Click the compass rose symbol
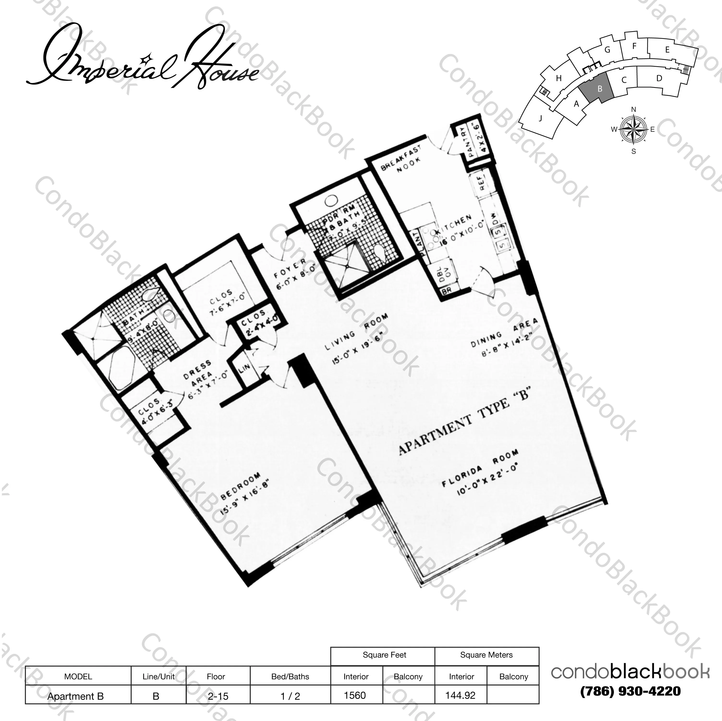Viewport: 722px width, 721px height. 633,130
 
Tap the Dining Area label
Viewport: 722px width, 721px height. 504,331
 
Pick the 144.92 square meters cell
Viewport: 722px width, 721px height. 461,695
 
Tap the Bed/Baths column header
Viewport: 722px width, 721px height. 290,677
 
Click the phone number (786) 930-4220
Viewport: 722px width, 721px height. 631,691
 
